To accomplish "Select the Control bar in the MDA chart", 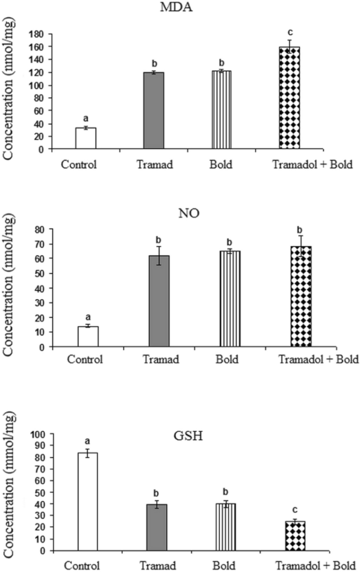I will (x=86, y=139).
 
